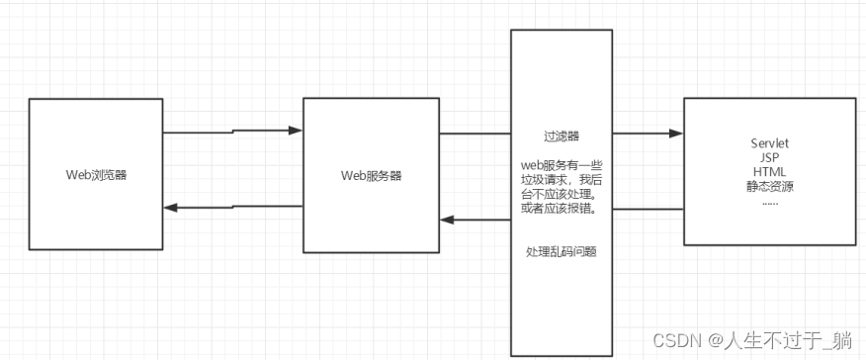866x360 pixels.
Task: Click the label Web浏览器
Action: pyautogui.click(x=96, y=175)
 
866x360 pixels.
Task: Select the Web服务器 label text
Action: pyautogui.click(x=371, y=175)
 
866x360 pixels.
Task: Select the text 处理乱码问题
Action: pyautogui.click(x=561, y=252)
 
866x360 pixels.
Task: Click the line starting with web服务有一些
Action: pyautogui.click(x=561, y=164)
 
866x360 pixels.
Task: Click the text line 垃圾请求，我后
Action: pyautogui.click(x=561, y=180)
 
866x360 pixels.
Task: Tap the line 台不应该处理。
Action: pyautogui.click(x=561, y=195)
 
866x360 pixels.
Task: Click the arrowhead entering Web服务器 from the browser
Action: pyautogui.click(x=296, y=130)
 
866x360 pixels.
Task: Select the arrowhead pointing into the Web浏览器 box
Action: pyautogui.click(x=170, y=208)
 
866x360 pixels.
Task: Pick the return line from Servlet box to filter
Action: pyautogui.click(x=648, y=210)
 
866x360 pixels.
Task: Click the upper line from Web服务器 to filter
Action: pyautogui.click(x=475, y=133)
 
